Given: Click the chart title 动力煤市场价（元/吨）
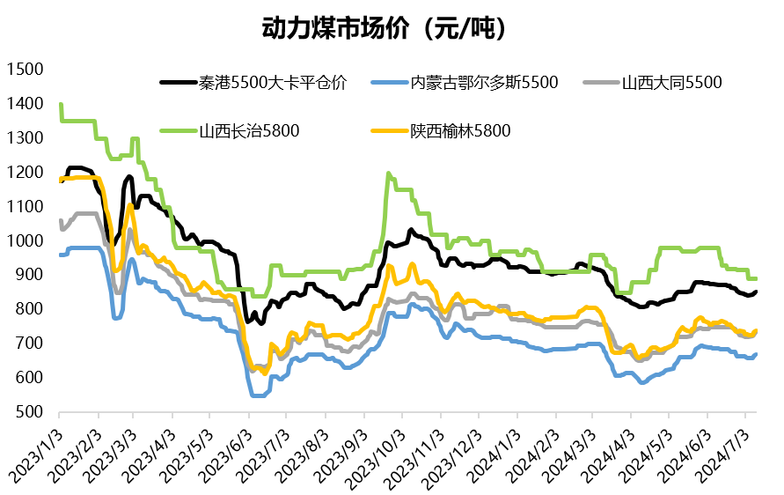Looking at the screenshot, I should coord(387,28).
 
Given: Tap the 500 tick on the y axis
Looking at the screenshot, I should coord(28,411).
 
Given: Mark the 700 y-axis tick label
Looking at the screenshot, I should coord(28,343).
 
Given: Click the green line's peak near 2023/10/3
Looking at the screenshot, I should coord(388,174).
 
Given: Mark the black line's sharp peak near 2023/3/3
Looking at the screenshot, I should coord(130,176).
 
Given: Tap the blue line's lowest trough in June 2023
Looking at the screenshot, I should coord(258,395).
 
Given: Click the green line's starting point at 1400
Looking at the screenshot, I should coord(60,104).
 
